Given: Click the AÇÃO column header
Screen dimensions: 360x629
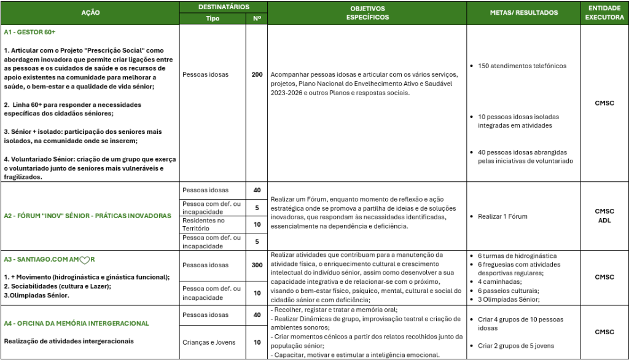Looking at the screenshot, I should pos(90,12).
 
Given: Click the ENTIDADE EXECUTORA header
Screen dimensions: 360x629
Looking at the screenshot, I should pos(604,12).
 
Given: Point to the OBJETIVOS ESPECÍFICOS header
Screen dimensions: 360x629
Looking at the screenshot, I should pos(367,12).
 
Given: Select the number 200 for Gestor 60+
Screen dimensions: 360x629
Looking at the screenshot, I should pos(257,74).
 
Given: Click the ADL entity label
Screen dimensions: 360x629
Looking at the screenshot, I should pos(604,221).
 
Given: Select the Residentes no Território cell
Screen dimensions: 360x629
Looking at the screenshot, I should pos(204,224).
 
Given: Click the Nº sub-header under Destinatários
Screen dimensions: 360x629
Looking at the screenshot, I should pos(257,18).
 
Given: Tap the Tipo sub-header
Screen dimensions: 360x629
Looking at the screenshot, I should pos(213,18).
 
